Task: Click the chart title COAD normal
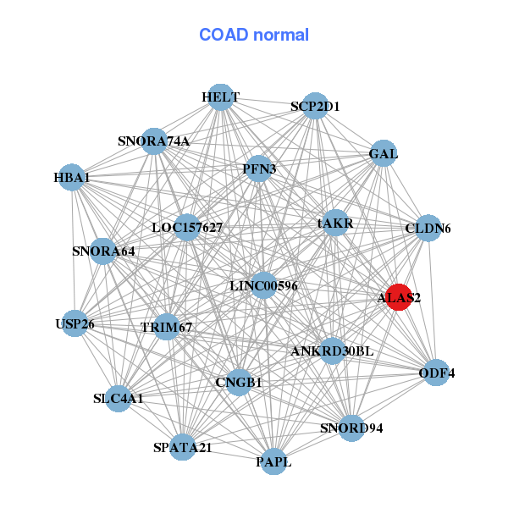click(x=254, y=36)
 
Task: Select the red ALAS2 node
click(x=399, y=297)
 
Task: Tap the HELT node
click(x=220, y=97)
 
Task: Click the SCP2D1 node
click(x=315, y=106)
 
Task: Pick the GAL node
click(x=384, y=154)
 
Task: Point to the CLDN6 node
click(x=428, y=228)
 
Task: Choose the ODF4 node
click(x=436, y=373)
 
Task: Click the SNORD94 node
click(x=351, y=427)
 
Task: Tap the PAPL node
click(x=273, y=461)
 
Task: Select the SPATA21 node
click(x=183, y=447)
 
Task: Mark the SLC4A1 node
click(x=119, y=398)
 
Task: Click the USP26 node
click(x=75, y=323)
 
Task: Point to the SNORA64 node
click(x=103, y=251)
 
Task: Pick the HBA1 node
click(x=72, y=178)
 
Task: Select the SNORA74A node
click(x=154, y=141)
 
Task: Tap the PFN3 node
click(x=259, y=169)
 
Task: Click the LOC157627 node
click(x=187, y=227)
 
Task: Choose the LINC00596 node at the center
click(x=263, y=286)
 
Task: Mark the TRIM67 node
click(x=167, y=327)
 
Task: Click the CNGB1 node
click(x=239, y=382)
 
